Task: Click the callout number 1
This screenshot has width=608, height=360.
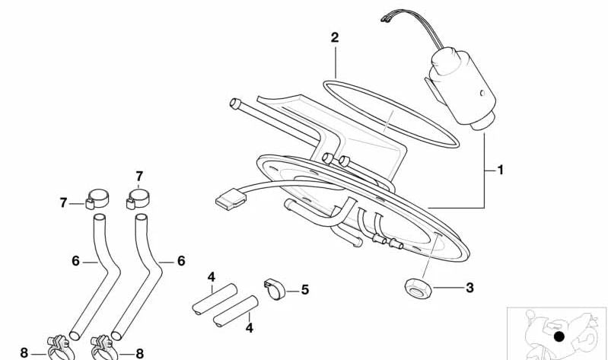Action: (x=500, y=170)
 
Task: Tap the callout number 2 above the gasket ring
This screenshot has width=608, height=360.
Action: (x=335, y=37)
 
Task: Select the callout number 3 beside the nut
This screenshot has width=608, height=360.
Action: (x=470, y=288)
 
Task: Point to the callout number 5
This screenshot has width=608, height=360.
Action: (x=305, y=290)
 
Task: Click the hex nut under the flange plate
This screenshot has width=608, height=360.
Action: (x=418, y=288)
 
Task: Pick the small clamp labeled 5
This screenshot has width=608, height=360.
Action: (x=275, y=290)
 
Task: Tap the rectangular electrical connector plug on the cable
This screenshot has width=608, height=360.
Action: (x=231, y=199)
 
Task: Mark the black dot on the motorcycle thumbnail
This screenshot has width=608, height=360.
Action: (x=559, y=336)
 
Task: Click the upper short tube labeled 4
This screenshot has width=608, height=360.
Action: (x=215, y=299)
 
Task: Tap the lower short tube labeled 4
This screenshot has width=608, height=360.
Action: (x=236, y=311)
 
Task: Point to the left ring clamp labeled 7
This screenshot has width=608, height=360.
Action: (x=97, y=199)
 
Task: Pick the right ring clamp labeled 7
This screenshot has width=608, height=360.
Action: (x=138, y=199)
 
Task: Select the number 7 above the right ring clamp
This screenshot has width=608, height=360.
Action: (x=139, y=177)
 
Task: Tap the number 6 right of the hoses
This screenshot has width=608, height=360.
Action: (x=181, y=261)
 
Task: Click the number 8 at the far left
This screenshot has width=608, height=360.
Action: (x=24, y=353)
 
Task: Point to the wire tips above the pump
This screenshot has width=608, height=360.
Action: (x=384, y=18)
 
